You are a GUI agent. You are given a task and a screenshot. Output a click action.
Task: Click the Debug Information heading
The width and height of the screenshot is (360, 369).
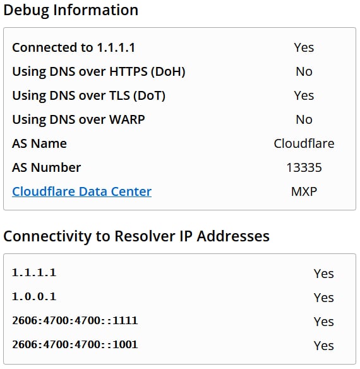coord(71,11)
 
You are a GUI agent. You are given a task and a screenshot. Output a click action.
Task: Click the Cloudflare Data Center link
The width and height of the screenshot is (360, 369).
coord(81,191)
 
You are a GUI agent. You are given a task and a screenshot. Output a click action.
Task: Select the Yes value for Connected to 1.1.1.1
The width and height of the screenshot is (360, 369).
coord(304,47)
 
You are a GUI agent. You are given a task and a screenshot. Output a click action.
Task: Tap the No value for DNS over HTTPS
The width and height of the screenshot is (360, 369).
coord(304,71)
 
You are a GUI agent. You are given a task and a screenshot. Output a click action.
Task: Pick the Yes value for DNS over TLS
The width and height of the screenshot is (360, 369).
coord(304,95)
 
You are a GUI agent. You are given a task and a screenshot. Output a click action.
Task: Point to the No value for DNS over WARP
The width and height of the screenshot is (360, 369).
coord(304,119)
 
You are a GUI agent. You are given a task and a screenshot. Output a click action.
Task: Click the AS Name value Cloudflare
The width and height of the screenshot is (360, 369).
coord(304,143)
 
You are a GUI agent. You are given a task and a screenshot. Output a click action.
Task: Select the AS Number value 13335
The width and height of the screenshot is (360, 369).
coord(304,167)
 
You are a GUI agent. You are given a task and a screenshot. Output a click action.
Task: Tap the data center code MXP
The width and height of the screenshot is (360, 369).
coord(304,191)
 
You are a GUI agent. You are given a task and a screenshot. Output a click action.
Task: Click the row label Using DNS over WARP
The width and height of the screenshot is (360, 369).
coord(78,120)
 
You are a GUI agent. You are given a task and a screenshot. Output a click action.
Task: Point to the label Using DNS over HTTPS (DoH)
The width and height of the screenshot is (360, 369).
coord(99,72)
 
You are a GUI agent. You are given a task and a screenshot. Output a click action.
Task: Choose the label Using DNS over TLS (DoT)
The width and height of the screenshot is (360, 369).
coord(88,96)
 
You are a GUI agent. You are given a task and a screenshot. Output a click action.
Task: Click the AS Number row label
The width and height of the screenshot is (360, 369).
coord(46,167)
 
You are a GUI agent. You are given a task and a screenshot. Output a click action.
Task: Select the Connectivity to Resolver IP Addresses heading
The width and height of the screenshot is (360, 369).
coord(136,236)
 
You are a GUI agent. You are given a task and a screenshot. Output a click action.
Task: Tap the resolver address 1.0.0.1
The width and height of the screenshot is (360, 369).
coord(34,296)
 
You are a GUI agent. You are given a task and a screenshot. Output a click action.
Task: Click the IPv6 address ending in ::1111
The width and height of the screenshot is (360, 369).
coord(75,320)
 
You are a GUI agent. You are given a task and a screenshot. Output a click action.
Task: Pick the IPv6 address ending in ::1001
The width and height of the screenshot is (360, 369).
coord(75,344)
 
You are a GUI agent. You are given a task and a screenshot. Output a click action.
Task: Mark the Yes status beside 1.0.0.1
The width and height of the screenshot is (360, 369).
coord(324,298)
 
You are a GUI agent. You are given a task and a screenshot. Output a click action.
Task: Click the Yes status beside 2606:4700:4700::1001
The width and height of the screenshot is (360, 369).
coord(324,346)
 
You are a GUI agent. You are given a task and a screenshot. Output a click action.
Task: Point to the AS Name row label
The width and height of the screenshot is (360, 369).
coord(39,143)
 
